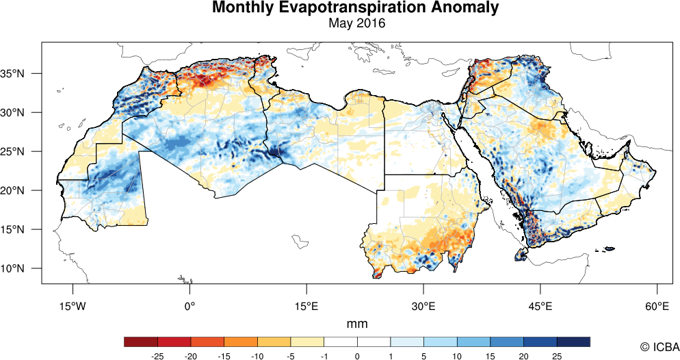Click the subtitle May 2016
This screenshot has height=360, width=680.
356,23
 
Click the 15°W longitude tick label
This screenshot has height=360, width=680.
73,307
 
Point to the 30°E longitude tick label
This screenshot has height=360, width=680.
423,307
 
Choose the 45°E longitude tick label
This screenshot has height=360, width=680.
540,307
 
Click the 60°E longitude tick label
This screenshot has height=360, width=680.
657,307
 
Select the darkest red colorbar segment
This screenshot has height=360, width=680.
141,342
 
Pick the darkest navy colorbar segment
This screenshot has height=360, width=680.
573,342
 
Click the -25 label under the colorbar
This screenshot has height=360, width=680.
157,356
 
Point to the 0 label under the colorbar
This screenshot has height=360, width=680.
357,356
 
